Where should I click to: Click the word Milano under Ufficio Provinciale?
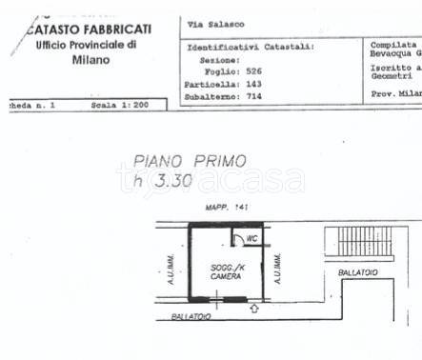point(90,59)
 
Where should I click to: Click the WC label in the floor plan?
point(251,238)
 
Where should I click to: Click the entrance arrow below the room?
point(254,308)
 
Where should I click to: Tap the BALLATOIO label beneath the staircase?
point(358,272)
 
